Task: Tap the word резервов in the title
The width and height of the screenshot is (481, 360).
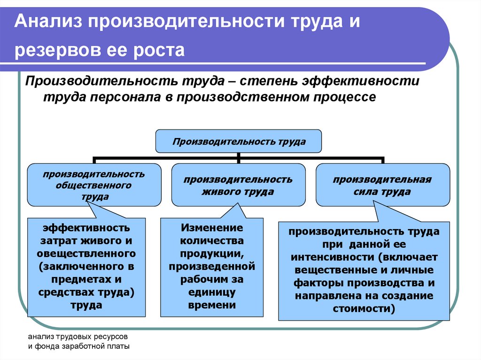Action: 57,50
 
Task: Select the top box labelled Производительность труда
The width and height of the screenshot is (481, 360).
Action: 238,141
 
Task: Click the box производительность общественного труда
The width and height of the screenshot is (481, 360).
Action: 94,185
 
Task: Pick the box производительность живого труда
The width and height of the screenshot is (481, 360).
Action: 238,185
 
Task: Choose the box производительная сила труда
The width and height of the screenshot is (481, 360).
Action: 382,185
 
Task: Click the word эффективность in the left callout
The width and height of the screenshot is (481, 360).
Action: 86,228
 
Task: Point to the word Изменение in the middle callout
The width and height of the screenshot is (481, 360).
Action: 212,228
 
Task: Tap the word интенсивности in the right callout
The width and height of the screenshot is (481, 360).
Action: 333,257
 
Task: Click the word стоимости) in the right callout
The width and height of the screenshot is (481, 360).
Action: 364,308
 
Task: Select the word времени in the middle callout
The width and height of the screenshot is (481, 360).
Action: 212,305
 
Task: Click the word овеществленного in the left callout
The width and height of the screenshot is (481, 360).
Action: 86,253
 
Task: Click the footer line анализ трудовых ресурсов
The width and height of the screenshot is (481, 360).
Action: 78,337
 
